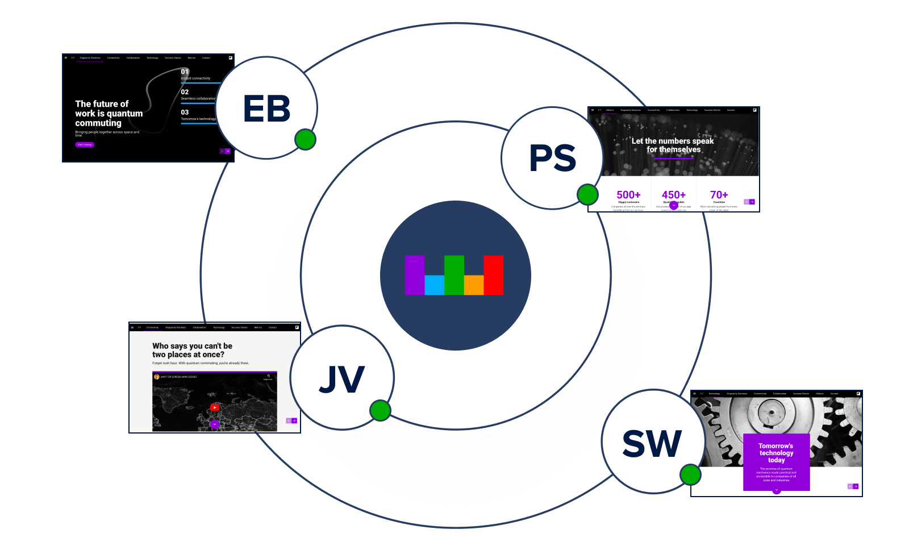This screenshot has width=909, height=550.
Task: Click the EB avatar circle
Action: pyautogui.click(x=266, y=108)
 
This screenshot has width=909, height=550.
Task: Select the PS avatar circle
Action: pyautogui.click(x=552, y=158)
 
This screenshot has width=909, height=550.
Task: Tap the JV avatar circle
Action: pyautogui.click(x=342, y=378)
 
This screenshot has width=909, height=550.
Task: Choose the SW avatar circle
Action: pyautogui.click(x=652, y=442)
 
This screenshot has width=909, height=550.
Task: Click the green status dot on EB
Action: pyautogui.click(x=305, y=139)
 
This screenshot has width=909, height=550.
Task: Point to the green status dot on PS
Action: pyautogui.click(x=587, y=195)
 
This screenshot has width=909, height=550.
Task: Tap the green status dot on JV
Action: pyautogui.click(x=380, y=410)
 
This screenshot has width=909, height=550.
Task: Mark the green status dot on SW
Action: pyautogui.click(x=690, y=474)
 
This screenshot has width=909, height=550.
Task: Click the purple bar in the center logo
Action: pyautogui.click(x=414, y=275)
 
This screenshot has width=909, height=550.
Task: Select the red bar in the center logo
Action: pyautogui.click(x=493, y=275)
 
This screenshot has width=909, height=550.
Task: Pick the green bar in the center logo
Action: pyautogui.click(x=454, y=275)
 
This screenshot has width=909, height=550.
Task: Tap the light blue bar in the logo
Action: pyautogui.click(x=434, y=285)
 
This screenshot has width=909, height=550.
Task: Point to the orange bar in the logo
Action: pyautogui.click(x=474, y=285)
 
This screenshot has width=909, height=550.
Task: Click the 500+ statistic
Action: pyautogui.click(x=628, y=195)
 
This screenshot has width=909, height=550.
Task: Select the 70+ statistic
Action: pyautogui.click(x=719, y=195)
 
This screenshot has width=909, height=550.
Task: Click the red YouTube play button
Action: pyautogui.click(x=214, y=407)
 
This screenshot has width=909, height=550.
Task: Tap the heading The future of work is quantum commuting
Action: pyautogui.click(x=109, y=113)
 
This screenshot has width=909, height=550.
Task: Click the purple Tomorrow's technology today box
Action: pyautogui.click(x=776, y=461)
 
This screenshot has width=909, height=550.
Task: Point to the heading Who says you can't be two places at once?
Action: pyautogui.click(x=192, y=350)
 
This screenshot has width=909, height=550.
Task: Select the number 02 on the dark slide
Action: pyautogui.click(x=185, y=92)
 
